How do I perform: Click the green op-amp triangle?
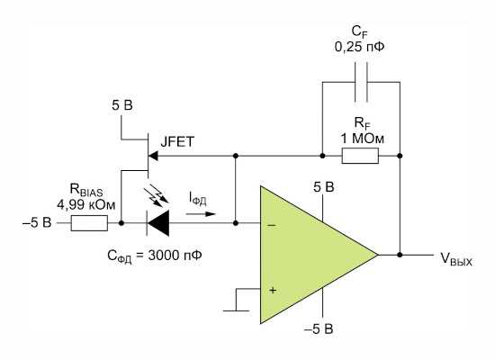[310, 255]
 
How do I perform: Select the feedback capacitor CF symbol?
[361, 82]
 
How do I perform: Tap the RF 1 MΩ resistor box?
[360, 156]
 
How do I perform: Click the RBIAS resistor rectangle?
[89, 223]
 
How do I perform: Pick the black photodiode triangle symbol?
[158, 223]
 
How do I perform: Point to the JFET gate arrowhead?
[153, 156]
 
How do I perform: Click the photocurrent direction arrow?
[201, 214]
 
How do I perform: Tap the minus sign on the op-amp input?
[272, 226]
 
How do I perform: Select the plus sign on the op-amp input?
[273, 290]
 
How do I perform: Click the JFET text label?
[177, 142]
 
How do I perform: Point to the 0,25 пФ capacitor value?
[360, 47]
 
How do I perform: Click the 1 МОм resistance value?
[363, 139]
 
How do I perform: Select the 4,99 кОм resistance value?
[86, 204]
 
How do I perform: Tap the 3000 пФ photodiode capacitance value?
[175, 256]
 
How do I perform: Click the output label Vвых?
[456, 259]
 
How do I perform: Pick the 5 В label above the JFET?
[122, 105]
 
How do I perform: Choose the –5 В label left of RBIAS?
[37, 222]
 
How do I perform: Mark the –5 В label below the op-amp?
[319, 328]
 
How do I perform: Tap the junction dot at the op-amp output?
[400, 255]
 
